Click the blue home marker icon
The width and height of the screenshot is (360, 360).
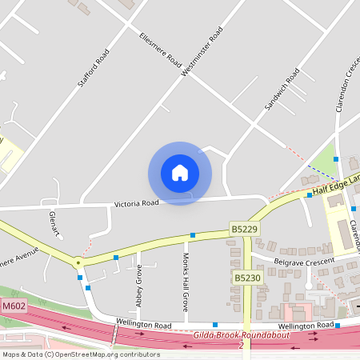[x=179, y=172]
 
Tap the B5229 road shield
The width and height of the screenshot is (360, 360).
[x=244, y=228]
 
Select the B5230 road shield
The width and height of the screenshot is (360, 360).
[x=247, y=278]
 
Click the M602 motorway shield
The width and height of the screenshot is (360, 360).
[x=12, y=306]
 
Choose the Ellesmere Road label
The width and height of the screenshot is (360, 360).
[x=158, y=52]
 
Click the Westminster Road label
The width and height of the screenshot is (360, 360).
[x=202, y=50]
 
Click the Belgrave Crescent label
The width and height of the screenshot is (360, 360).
[x=302, y=262]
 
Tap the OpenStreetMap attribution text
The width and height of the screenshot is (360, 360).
[x=80, y=354]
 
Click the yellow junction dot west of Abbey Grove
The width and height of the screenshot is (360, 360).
[x=78, y=262]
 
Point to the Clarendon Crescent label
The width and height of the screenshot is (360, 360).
[x=346, y=80]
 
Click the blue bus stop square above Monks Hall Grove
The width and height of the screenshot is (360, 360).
[x=192, y=235]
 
